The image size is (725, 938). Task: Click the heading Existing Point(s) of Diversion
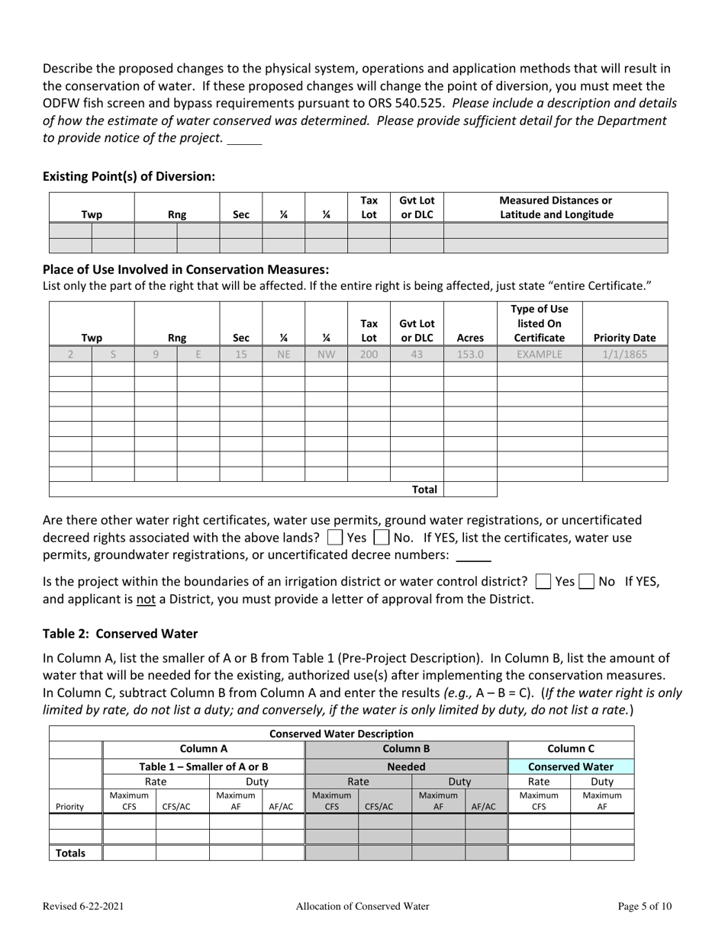pyautogui.click(x=129, y=176)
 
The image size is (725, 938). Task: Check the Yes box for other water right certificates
pyautogui.click(x=334, y=538)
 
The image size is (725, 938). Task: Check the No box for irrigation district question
pyautogui.click(x=586, y=581)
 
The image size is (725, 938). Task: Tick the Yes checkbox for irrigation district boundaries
pyautogui.click(x=543, y=581)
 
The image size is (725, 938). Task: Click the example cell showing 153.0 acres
pyautogui.click(x=470, y=354)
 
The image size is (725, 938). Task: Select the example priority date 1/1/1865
pyautogui.click(x=625, y=354)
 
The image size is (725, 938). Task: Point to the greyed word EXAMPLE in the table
pyautogui.click(x=539, y=354)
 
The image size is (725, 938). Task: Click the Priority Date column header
pyautogui.click(x=625, y=338)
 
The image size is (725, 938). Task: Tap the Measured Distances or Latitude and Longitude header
pyautogui.click(x=556, y=207)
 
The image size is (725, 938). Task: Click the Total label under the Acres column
pyautogui.click(x=424, y=490)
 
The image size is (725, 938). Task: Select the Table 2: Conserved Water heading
pyautogui.click(x=120, y=634)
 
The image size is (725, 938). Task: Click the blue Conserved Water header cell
pyautogui.click(x=571, y=766)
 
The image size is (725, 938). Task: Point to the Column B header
pyautogui.click(x=406, y=750)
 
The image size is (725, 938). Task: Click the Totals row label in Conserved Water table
pyautogui.click(x=70, y=853)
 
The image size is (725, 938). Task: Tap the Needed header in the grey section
pyautogui.click(x=406, y=766)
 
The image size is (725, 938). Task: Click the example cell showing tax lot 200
pyautogui.click(x=369, y=354)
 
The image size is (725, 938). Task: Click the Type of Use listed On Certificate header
pyautogui.click(x=539, y=323)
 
